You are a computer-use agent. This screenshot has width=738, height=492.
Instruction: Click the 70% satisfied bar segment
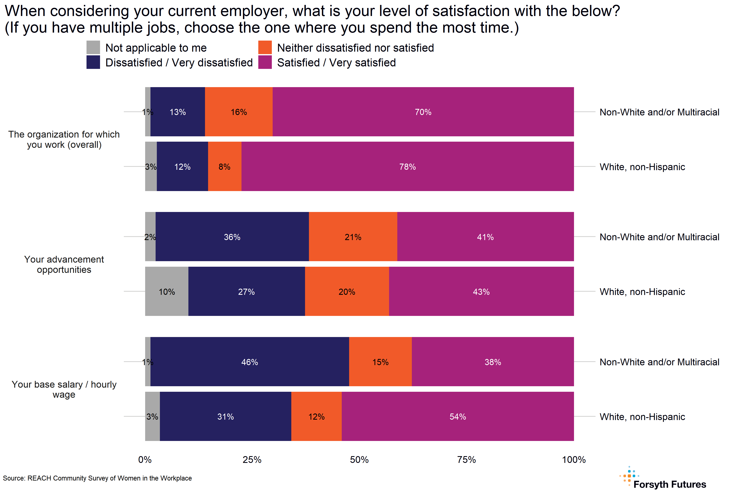[423, 112]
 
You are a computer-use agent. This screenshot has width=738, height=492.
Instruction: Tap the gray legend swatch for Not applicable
[93, 47]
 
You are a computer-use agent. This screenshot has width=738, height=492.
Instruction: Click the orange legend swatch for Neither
[265, 47]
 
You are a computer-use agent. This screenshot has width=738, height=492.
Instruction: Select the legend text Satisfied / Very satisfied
[336, 63]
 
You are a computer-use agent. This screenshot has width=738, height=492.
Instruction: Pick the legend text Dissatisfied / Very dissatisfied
[179, 63]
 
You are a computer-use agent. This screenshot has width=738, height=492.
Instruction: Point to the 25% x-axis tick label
[252, 460]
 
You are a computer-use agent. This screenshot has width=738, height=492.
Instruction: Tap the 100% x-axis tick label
[574, 460]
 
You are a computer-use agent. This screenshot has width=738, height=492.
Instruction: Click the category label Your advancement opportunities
[64, 264]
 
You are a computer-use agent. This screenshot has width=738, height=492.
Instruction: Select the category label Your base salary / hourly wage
[64, 389]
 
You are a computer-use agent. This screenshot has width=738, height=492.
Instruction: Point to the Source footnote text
[97, 478]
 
